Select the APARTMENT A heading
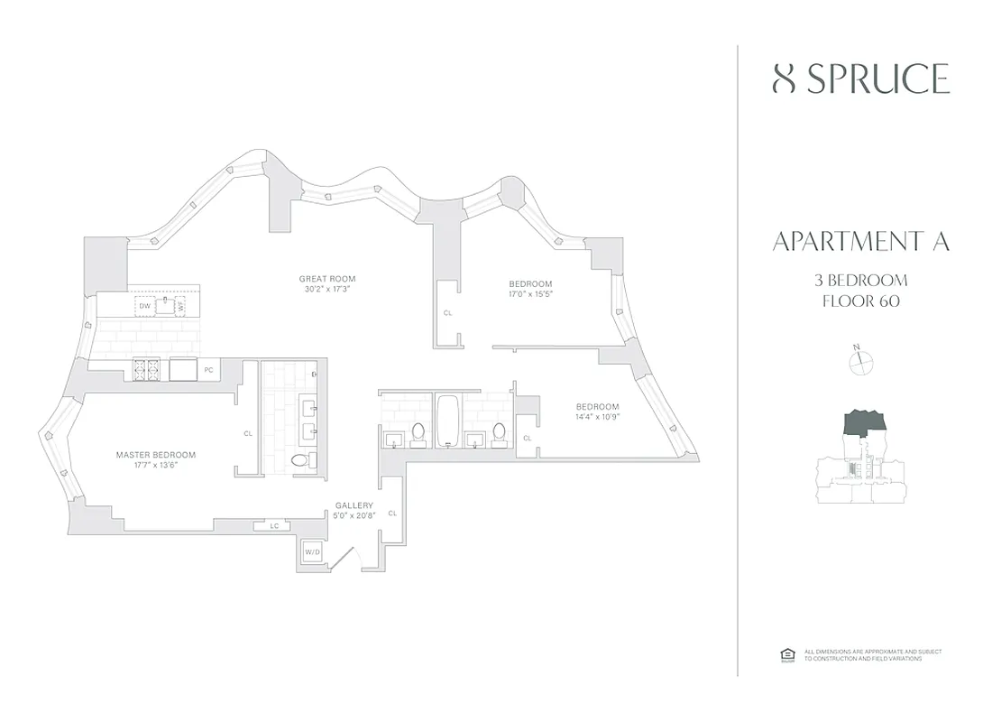coord(860,242)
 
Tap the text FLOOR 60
coord(860,301)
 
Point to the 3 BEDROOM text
coord(860,280)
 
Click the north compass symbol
coord(862,362)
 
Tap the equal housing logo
coord(785,655)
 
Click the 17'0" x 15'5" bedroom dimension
coord(530,294)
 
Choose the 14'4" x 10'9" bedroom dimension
coord(597,416)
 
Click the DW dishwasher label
coord(143,306)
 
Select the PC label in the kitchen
coord(208,369)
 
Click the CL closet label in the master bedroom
coord(248,433)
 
